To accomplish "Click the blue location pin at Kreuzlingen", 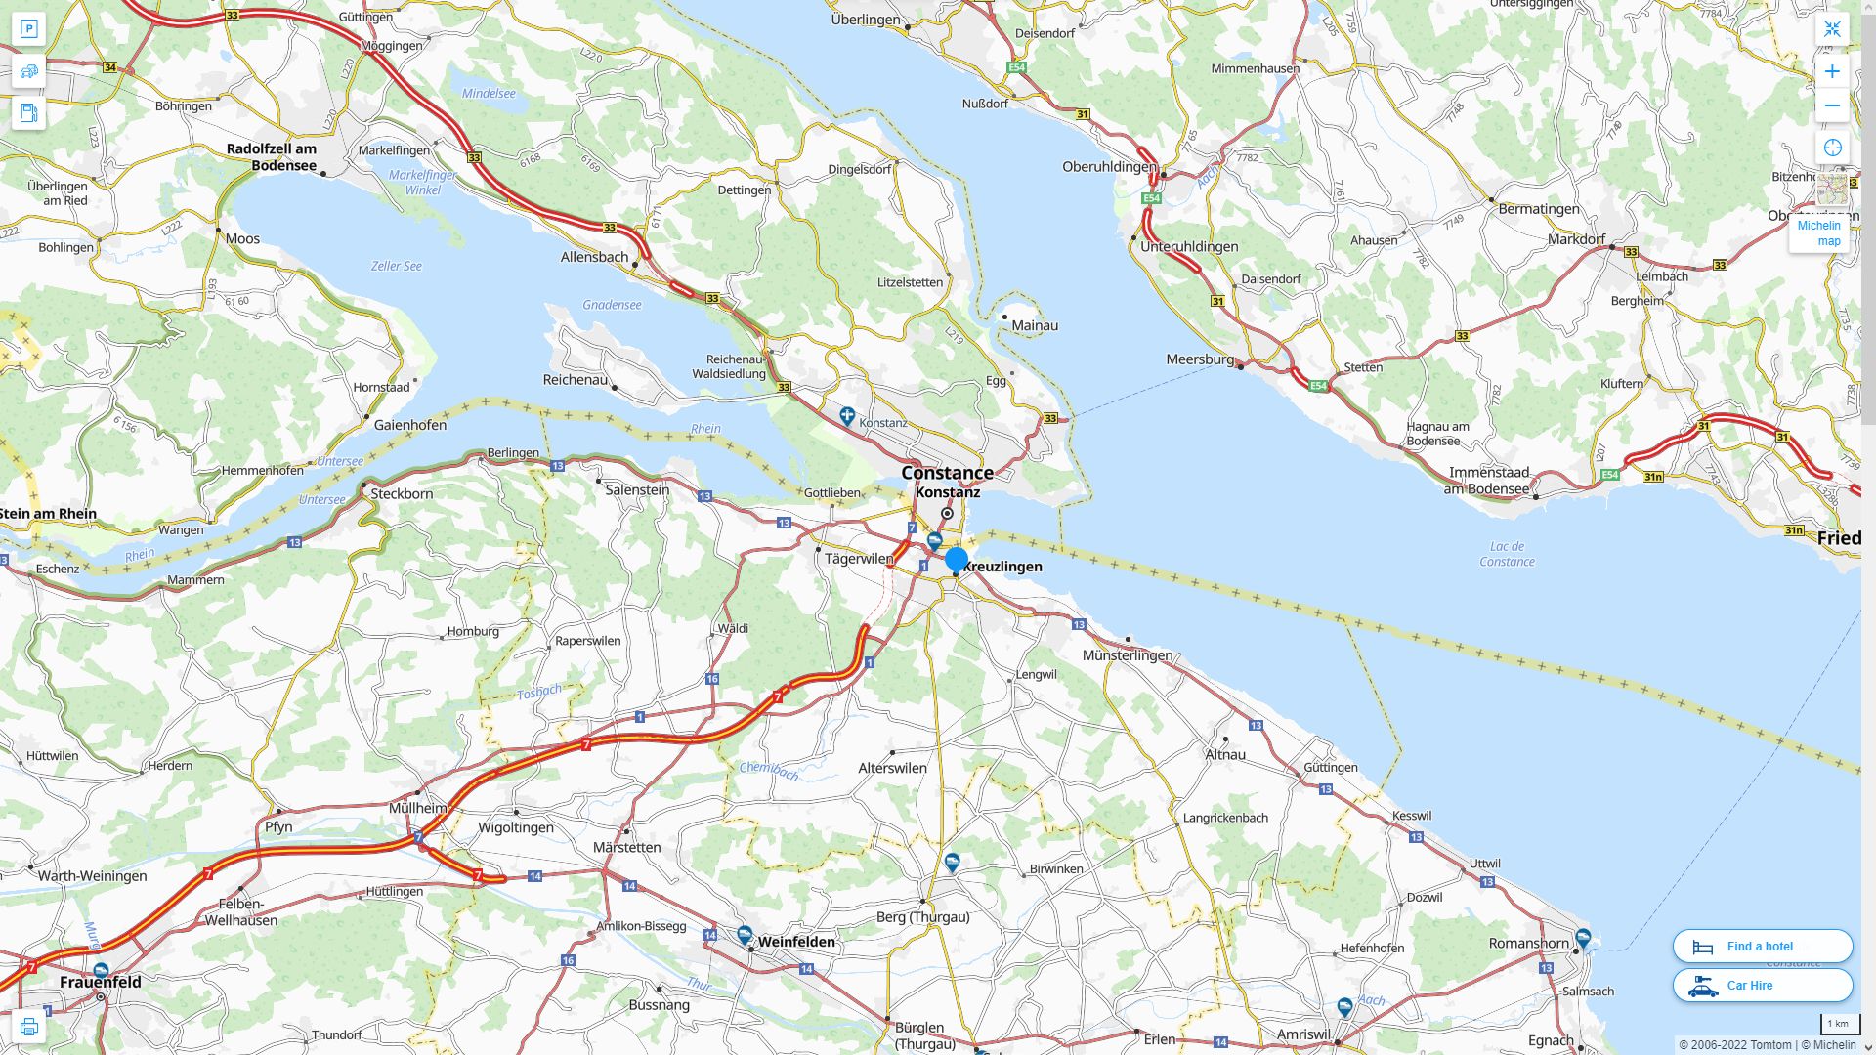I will click(x=957, y=560).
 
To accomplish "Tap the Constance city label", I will click(x=947, y=473).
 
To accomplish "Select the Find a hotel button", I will click(x=1762, y=946).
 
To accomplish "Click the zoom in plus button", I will click(x=1832, y=71).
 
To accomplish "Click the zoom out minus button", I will click(x=1832, y=105).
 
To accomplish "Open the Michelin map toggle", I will click(x=1818, y=232).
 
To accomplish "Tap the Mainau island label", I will click(x=1035, y=325).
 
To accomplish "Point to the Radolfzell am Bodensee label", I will click(x=272, y=156).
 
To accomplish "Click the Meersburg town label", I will click(x=1200, y=359).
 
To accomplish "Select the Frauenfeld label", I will click(x=101, y=982).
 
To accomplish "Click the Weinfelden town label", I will click(x=796, y=942).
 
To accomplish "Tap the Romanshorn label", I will click(x=1528, y=943).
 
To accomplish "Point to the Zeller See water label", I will click(x=396, y=266).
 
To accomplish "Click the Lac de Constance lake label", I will click(x=1506, y=554).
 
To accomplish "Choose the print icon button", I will click(x=28, y=1027).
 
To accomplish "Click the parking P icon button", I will click(x=28, y=29).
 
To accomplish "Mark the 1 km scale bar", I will click(x=1839, y=1024).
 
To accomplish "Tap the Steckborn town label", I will click(x=402, y=493).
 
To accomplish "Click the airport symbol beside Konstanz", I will click(x=847, y=416).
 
